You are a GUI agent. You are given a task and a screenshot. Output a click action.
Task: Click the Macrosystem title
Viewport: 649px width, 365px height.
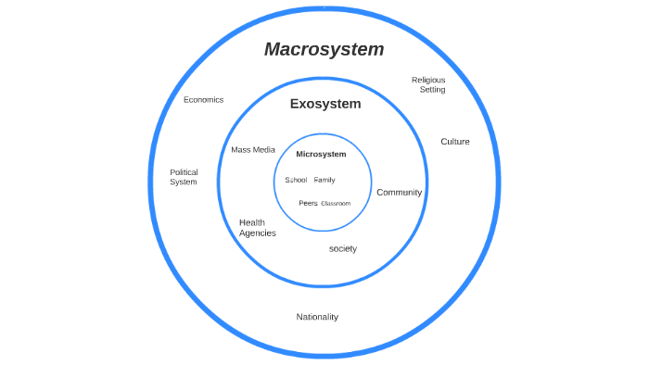[324, 50]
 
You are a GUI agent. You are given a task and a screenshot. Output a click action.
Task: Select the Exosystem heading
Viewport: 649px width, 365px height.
[324, 104]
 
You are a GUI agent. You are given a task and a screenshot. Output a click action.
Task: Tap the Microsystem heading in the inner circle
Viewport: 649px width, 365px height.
[321, 154]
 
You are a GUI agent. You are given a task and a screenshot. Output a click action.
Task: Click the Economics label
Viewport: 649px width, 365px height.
[203, 100]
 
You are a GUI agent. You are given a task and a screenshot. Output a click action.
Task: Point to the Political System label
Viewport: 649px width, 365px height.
[184, 177]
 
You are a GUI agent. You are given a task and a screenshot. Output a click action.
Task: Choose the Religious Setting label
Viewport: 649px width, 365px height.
[428, 84]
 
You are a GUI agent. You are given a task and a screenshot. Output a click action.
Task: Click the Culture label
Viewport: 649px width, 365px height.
[454, 142]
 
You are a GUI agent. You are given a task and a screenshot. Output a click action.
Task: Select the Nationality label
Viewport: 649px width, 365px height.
[317, 317]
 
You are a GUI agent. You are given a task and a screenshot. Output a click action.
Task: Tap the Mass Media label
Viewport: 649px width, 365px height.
[253, 149]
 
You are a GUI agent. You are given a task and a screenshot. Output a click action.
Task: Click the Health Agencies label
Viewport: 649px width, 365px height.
[257, 228]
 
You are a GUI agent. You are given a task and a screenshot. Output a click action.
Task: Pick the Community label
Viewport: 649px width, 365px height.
[399, 193]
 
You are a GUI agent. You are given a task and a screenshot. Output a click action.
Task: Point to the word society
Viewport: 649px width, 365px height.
[342, 248]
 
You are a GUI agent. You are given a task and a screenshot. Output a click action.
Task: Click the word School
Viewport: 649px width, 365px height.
[296, 180]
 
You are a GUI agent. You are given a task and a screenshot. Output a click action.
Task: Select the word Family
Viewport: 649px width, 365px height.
[324, 180]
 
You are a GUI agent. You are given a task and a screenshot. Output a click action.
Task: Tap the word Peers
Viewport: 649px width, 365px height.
[308, 203]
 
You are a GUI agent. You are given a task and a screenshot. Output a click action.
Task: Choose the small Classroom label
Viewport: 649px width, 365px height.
[336, 203]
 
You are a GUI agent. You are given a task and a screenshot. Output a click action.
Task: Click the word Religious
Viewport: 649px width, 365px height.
[428, 80]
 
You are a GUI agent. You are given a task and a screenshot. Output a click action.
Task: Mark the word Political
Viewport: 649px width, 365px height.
[184, 171]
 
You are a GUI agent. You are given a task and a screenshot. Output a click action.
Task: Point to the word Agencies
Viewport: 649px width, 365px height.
[257, 233]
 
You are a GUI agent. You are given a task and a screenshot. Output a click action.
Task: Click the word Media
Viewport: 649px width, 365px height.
[265, 149]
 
